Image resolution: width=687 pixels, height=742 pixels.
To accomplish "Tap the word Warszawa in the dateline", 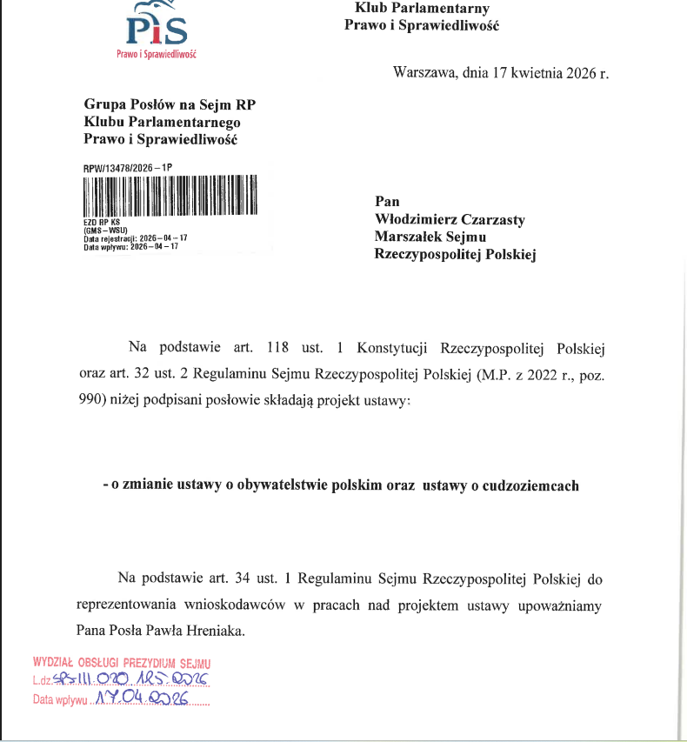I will pos(425,72).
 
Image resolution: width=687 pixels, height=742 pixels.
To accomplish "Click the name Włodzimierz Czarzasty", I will pos(449,220).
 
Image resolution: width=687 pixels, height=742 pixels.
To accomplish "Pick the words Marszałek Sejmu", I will pos(430,237).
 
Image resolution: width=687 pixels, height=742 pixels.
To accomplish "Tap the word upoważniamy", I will pos(560,604).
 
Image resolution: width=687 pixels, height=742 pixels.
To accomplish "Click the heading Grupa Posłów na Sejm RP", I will pos(170,105).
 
